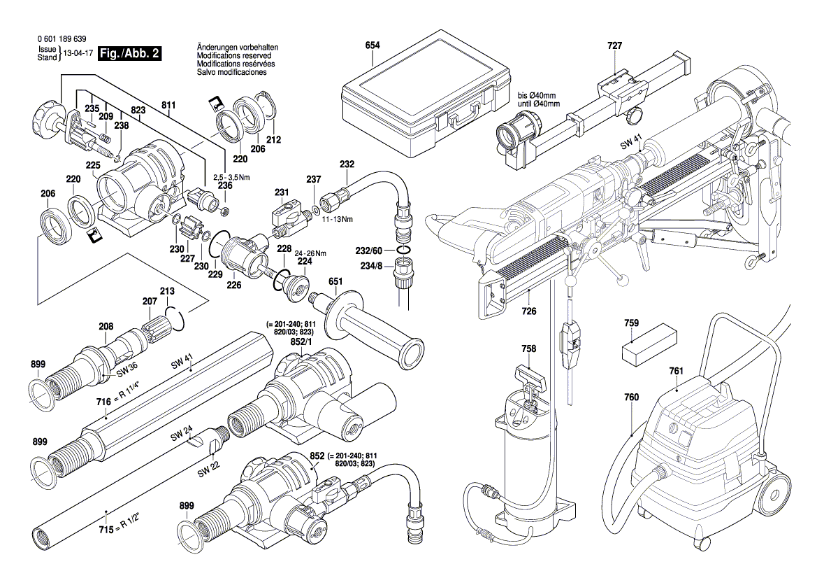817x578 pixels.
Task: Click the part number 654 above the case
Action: (x=373, y=45)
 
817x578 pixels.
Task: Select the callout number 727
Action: (x=614, y=45)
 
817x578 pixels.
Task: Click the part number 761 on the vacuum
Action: (x=676, y=371)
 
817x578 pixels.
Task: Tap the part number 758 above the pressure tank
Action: (x=529, y=348)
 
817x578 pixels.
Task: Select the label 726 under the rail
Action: (x=529, y=311)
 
